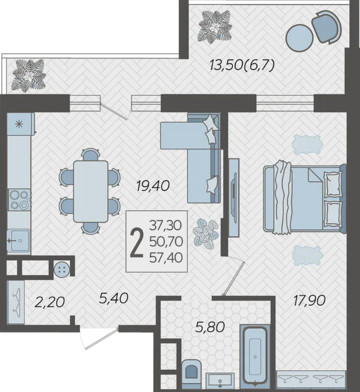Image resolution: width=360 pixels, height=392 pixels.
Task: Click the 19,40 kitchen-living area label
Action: [x=153, y=186]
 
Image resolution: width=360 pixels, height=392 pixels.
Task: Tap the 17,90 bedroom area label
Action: [x=309, y=301]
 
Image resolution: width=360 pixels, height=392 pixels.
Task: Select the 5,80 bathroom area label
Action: [x=210, y=327]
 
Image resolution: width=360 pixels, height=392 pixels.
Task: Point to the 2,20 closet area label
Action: [x=50, y=302]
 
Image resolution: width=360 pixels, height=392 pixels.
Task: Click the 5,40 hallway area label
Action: [x=113, y=298]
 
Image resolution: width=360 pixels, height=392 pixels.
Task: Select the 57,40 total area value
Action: [x=166, y=258]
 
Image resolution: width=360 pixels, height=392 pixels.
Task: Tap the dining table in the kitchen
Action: [x=91, y=191]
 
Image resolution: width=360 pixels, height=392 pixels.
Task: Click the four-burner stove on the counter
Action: [x=19, y=200]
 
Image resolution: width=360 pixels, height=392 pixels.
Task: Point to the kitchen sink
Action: [x=19, y=240]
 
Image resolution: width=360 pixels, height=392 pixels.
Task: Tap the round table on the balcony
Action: [x=300, y=38]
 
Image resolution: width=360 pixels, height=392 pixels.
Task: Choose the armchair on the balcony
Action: [x=326, y=27]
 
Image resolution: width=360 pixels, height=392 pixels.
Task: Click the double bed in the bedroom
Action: [x=305, y=199]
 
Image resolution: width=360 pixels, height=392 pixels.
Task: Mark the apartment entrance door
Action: [x=100, y=338]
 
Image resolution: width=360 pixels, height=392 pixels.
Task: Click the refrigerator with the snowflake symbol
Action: [x=21, y=124]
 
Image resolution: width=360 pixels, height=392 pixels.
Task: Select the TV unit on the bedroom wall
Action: [x=234, y=197]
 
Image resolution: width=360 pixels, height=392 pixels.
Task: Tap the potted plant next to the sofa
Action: [x=206, y=233]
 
